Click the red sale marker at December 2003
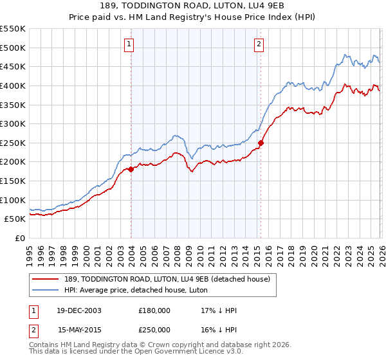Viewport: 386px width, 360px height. (x=131, y=169)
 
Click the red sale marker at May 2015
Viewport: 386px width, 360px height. (x=261, y=143)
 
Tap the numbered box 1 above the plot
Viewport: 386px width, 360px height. (x=129, y=44)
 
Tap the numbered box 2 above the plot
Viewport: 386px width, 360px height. (x=259, y=44)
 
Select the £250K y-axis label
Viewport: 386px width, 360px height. (x=13, y=143)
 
